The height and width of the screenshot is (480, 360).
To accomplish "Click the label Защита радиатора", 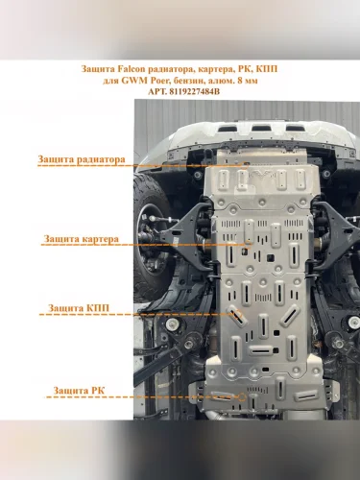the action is point(82,159).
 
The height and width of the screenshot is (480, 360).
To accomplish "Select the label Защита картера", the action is point(81,239).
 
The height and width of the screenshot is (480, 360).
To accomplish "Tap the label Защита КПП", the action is point(79,308).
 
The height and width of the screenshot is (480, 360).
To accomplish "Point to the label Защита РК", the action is point(79,391).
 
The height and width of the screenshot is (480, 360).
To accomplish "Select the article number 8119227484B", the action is point(193,91).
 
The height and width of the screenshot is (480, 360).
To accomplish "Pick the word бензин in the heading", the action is point(185,81).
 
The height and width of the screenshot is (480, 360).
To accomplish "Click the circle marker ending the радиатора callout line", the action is point(245,165).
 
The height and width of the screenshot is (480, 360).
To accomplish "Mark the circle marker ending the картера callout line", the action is point(248,245).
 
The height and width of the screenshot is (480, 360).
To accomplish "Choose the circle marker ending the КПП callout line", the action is point(238,314).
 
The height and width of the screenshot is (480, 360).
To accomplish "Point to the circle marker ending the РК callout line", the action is point(242,397).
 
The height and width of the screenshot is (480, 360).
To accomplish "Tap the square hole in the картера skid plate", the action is point(271,257).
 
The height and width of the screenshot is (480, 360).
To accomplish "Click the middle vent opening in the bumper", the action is point(259,129).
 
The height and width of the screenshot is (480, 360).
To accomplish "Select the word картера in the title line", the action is point(215,69).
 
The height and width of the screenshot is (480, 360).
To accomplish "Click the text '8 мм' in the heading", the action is point(248,81).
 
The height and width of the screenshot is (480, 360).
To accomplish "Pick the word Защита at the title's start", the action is point(98,69).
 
